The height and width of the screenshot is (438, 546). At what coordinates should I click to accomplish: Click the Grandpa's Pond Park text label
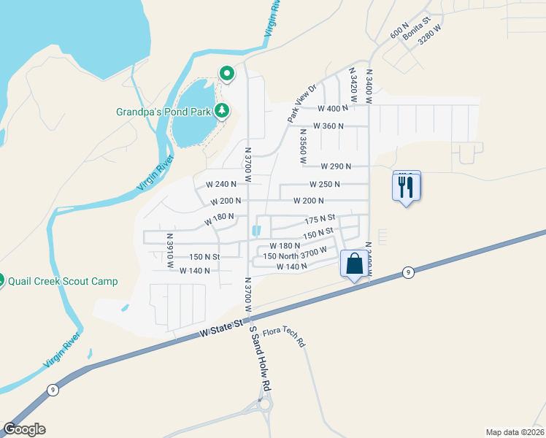[x=164, y=112]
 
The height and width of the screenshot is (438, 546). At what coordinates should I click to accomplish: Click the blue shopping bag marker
[x=354, y=264]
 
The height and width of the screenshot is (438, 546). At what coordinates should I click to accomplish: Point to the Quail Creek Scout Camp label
[x=62, y=281]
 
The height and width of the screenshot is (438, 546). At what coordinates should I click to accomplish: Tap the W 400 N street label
[x=333, y=108]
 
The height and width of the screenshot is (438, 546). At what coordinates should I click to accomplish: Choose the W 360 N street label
[x=328, y=126]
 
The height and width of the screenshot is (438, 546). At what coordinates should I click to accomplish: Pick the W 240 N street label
[x=222, y=184]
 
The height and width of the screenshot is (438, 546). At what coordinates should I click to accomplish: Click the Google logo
[x=24, y=429]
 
